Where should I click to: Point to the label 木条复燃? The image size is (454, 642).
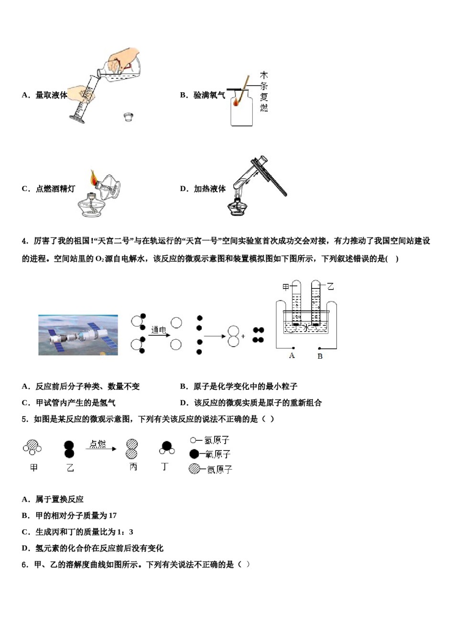point(264,92)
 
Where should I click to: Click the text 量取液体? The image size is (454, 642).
point(51,95)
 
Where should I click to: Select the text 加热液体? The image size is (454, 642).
point(209,189)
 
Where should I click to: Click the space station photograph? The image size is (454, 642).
point(78,334)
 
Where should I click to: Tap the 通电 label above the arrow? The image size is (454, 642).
point(158,330)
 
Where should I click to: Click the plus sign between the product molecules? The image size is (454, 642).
point(243,336)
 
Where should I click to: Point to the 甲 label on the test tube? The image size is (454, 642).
point(286,287)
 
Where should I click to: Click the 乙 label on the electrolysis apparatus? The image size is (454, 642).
point(330,286)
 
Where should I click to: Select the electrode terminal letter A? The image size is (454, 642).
point(292,355)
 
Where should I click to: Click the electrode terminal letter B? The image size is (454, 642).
point(320,356)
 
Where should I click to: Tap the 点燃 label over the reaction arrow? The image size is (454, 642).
point(97,444)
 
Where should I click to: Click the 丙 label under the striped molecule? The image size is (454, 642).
point(133,467)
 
